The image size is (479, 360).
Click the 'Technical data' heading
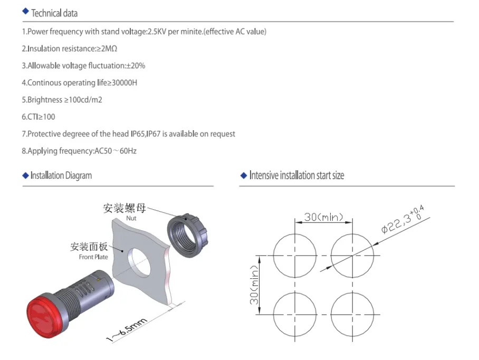coord(54,13)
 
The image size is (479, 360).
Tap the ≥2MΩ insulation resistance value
coord(107,48)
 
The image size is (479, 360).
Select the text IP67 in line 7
coord(154,134)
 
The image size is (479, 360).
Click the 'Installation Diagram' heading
coord(61,176)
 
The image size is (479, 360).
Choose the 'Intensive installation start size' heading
coord(296,176)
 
